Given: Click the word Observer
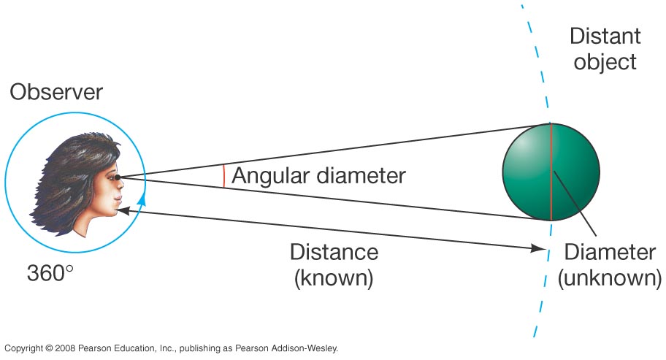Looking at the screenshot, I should click(x=56, y=93).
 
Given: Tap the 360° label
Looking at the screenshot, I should click(x=50, y=273).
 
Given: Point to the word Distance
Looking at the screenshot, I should click(x=334, y=252).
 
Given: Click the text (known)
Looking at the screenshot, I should click(x=334, y=278).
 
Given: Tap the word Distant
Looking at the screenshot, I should click(x=605, y=37).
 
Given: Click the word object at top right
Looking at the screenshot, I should click(x=605, y=61).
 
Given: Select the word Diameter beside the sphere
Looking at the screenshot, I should click(x=610, y=253).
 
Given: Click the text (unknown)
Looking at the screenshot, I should click(x=610, y=278).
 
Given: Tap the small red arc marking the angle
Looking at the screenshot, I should click(x=224, y=177).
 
